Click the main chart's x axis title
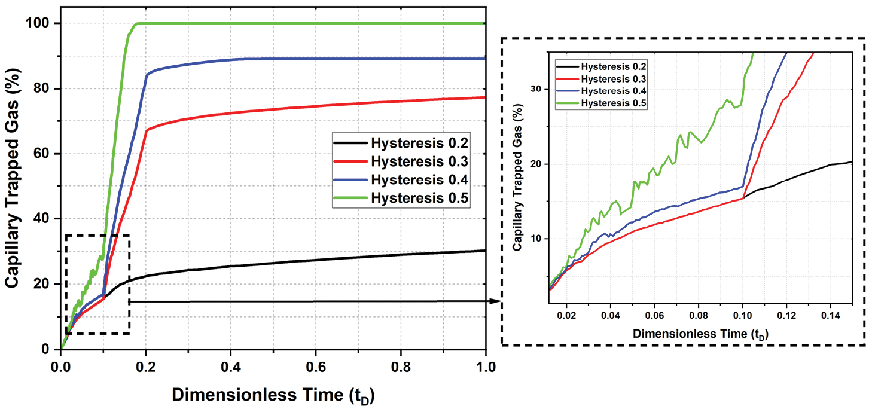(x=273, y=395)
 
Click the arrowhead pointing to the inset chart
(x=495, y=301)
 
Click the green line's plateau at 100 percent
(x=311, y=23)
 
